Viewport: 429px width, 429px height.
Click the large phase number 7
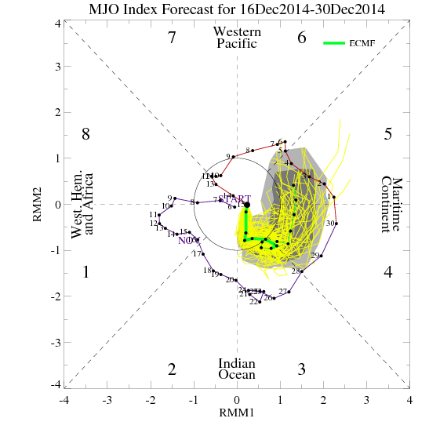tap(172, 37)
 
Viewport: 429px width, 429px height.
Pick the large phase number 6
tap(301, 37)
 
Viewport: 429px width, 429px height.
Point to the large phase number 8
tap(86, 134)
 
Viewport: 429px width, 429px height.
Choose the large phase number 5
tap(387, 134)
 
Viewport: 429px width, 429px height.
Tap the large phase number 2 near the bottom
tap(172, 369)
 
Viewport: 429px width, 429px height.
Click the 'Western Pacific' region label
tap(236, 38)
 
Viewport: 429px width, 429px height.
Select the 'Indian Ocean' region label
tap(236, 369)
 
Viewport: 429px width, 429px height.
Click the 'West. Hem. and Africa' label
tap(82, 204)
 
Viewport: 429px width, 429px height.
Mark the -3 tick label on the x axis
tap(107, 400)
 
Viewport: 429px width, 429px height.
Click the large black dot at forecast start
tap(246, 204)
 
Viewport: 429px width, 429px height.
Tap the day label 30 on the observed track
tap(330, 224)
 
